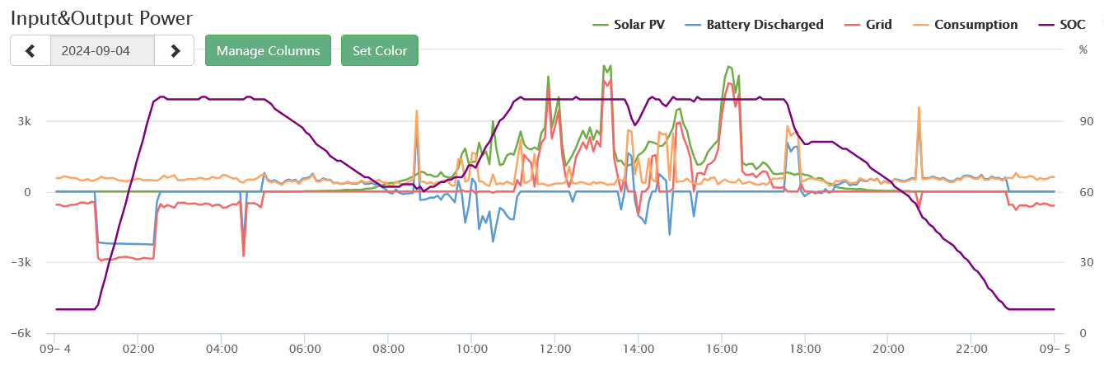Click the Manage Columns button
tap(268, 50)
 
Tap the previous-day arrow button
tap(30, 50)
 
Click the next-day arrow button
tap(175, 50)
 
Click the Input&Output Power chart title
tap(101, 18)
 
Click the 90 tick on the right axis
tap(1086, 122)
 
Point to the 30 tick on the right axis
tap(1086, 263)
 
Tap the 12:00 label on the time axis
tap(555, 350)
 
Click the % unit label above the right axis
tap(1083, 49)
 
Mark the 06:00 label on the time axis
tap(305, 350)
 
